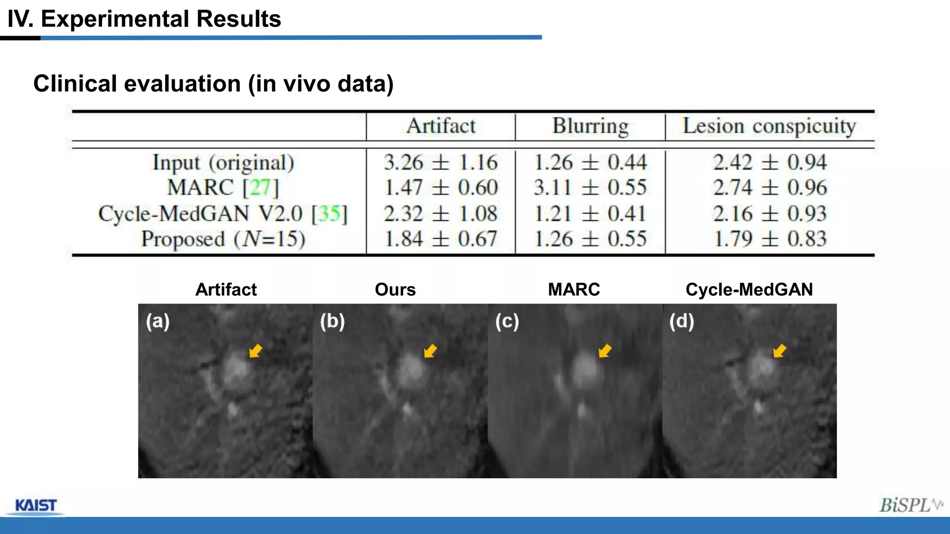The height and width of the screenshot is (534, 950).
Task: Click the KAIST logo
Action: coord(36,505)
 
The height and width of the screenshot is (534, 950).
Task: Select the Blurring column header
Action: coord(590,126)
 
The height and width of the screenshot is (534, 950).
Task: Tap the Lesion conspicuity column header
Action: coord(770,126)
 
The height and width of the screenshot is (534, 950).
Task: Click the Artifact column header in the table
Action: coord(441,126)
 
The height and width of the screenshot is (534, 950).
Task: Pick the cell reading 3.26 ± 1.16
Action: coord(440,163)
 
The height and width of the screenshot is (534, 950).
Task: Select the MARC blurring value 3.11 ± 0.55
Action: coord(590,188)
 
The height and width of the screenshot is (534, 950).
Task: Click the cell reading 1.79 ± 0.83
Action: coord(770,239)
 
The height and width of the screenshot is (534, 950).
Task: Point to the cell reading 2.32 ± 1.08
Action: coord(440,214)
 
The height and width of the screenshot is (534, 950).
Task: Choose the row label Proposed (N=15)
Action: coord(223,239)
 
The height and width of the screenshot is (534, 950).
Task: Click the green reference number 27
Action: coord(260,188)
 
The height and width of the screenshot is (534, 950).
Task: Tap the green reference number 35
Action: coord(329,214)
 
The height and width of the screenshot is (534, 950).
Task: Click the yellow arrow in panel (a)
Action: coord(256,351)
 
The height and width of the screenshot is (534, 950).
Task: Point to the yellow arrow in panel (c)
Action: coord(604,351)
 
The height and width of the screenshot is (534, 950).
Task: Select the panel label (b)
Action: coord(332,321)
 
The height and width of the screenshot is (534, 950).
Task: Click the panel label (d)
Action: coord(681,321)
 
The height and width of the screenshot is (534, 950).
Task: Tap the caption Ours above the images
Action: coord(395,290)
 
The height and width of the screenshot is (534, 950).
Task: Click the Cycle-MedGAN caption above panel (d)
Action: coord(749,290)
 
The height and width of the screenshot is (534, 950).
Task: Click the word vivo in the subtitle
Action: coord(307,84)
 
